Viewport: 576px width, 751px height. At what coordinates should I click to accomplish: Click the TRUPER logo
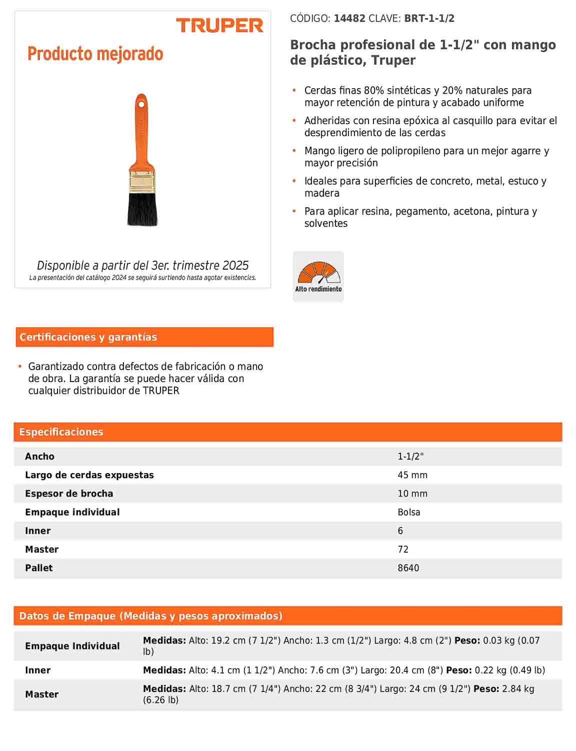(219, 26)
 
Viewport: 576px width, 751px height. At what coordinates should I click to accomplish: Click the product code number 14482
(349, 19)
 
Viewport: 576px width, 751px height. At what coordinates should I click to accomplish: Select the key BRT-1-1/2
(429, 19)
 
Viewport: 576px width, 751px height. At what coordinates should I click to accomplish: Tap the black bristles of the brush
(142, 209)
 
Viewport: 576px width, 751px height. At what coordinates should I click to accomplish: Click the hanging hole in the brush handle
(141, 105)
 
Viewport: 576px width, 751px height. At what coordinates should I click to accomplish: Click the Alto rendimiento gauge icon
(318, 276)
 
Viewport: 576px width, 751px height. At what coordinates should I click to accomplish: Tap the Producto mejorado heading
(95, 54)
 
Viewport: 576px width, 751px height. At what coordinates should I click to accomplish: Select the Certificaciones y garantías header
(88, 337)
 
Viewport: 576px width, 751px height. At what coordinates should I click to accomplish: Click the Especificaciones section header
(61, 432)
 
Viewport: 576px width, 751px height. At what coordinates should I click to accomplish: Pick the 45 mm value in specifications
(412, 475)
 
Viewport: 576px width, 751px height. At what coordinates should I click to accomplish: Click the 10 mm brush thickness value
(412, 494)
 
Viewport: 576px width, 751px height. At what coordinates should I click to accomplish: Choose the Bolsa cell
(409, 512)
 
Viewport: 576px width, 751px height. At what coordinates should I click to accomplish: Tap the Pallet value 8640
(408, 568)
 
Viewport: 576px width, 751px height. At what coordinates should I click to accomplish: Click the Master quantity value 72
(403, 549)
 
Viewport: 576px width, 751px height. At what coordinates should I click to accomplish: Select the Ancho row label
(39, 456)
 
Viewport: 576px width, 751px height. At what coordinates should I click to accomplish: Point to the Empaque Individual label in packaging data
(72, 646)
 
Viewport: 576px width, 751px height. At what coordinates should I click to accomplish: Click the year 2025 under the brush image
(236, 265)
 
